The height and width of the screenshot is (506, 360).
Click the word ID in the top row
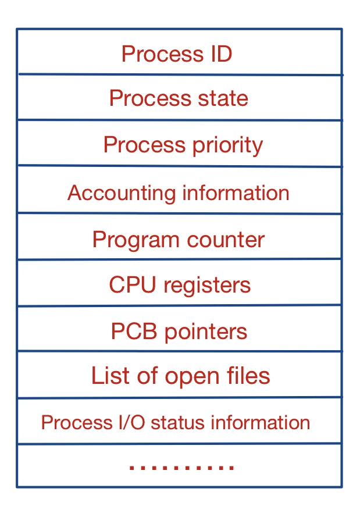[x=219, y=54]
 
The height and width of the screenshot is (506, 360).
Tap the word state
[x=222, y=98]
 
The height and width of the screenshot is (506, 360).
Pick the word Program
[x=131, y=240]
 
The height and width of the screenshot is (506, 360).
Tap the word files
[x=249, y=376]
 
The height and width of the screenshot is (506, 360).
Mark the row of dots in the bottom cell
[x=181, y=467]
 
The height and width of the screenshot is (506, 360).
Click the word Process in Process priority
[x=138, y=145]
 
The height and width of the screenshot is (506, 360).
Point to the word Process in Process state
[x=142, y=98]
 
